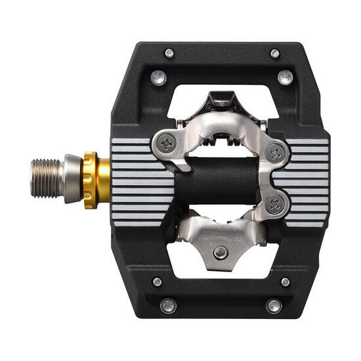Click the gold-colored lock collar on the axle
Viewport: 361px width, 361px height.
coord(90,179)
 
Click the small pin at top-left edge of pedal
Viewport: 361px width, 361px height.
coord(169,53)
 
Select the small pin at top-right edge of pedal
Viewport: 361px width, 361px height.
coord(274,53)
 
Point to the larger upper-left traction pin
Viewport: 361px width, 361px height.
coord(158,77)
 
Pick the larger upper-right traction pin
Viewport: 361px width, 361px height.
coord(285,77)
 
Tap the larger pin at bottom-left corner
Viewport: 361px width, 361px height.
coord(168,306)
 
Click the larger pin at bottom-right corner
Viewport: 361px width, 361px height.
coord(274,306)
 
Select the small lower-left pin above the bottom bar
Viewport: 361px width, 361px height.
coord(158,282)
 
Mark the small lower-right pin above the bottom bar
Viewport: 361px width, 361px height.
coord(285,282)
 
